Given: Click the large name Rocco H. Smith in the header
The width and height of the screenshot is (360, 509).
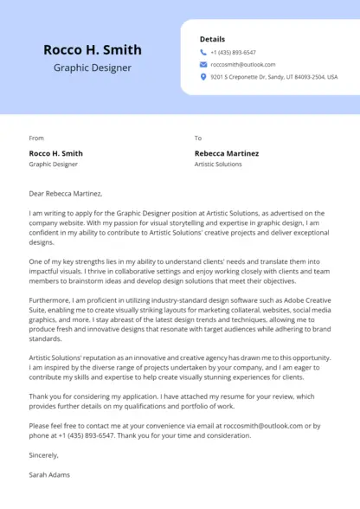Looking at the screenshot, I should tap(93, 49).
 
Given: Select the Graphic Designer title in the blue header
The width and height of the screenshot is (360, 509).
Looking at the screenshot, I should tap(93, 68).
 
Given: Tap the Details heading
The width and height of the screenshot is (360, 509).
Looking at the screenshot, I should tap(212, 39).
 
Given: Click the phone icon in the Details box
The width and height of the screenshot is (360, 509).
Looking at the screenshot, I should tap(203, 52).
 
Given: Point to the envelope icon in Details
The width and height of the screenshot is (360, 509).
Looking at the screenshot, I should tap(203, 64).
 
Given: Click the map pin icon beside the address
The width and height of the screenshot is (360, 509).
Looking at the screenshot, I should tap(203, 76).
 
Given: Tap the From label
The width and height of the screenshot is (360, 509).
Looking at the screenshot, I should tap(36, 138).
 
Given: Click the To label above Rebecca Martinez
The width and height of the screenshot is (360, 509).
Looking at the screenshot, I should tap(198, 138).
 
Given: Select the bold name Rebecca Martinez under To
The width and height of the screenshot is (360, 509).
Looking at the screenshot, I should tap(228, 153).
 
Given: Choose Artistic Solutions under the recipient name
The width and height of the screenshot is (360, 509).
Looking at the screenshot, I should tap(218, 164).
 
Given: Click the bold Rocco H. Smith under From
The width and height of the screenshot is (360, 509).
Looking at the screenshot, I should tap(56, 153).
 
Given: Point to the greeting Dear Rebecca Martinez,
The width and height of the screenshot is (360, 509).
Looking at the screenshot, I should tap(66, 193).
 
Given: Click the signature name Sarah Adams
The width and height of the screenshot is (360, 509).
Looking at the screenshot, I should tap(49, 474).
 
